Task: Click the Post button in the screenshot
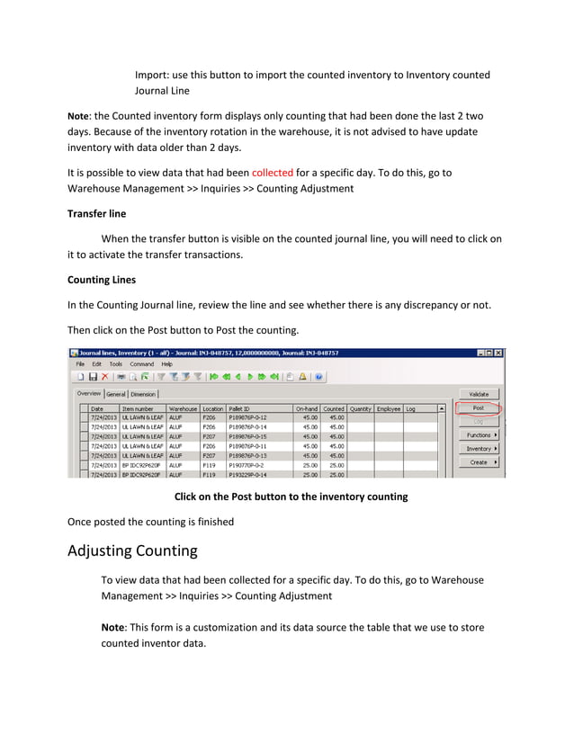(478, 408)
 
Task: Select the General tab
(116, 394)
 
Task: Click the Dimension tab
(144, 394)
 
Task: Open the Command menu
(142, 364)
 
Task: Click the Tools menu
(116, 364)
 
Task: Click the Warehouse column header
(183, 408)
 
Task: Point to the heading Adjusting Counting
(132, 551)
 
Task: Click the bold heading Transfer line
(96, 214)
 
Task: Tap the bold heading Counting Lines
(102, 280)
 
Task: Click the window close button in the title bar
(499, 353)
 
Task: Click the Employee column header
(389, 408)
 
